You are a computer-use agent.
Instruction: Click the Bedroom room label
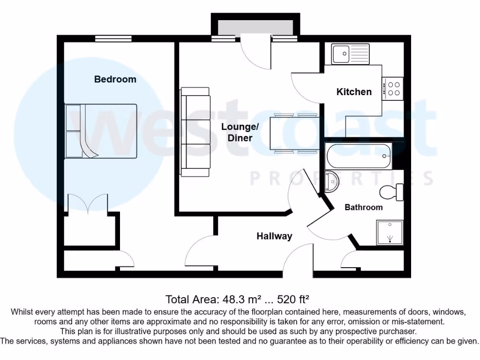click(115, 79)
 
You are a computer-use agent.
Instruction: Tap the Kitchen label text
click(354, 92)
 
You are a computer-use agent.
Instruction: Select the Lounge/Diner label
click(240, 132)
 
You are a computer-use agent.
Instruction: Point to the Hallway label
click(274, 236)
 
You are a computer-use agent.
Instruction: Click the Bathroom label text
click(363, 207)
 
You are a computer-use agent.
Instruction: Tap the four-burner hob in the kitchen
click(393, 89)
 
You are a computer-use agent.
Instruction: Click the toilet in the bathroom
click(392, 192)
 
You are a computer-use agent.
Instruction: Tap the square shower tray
click(390, 232)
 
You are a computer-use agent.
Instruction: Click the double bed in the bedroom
click(101, 131)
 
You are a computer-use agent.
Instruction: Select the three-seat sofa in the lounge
click(196, 132)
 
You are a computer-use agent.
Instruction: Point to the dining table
click(294, 133)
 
